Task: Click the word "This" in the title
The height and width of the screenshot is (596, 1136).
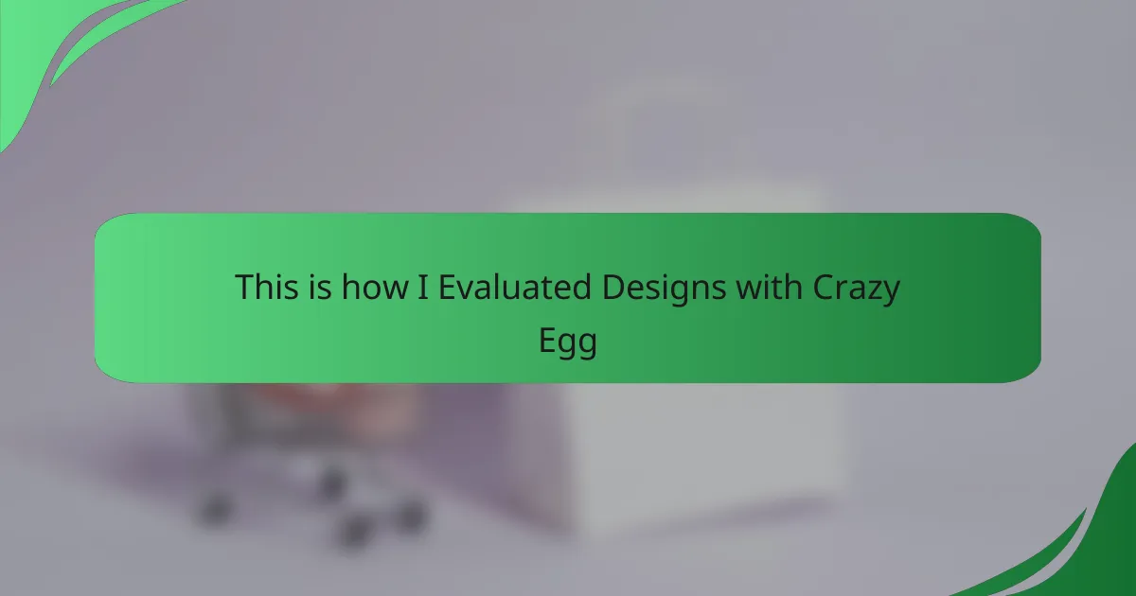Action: coord(266,287)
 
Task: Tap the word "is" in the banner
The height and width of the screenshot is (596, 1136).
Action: coord(320,287)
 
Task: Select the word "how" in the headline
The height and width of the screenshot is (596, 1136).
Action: coord(375,287)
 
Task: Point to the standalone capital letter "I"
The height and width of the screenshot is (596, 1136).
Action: coord(423,288)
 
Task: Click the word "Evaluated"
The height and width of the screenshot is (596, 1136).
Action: coord(515,287)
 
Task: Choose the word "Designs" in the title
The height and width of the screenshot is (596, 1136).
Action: coord(664,289)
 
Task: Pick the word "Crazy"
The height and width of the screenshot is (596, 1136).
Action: coord(857,289)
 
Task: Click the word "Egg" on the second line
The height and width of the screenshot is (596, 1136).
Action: coord(568,343)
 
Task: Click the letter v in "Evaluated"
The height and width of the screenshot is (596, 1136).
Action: coord(470,291)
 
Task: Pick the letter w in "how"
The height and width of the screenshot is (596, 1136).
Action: coord(395,291)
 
